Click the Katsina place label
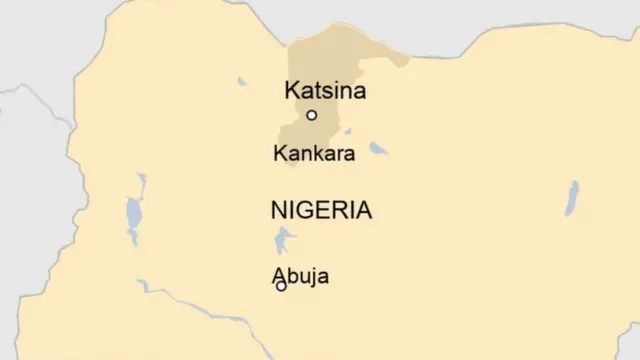click(325, 91)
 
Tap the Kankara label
click(315, 154)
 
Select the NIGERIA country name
click(321, 210)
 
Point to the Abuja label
click(299, 276)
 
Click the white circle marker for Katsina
click(312, 115)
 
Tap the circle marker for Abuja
click(281, 287)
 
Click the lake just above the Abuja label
click(284, 240)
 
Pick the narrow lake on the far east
click(572, 197)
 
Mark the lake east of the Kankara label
click(378, 149)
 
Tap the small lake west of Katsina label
click(242, 81)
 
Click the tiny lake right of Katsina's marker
click(346, 130)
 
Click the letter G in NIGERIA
click(306, 210)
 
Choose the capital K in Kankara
click(279, 154)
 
